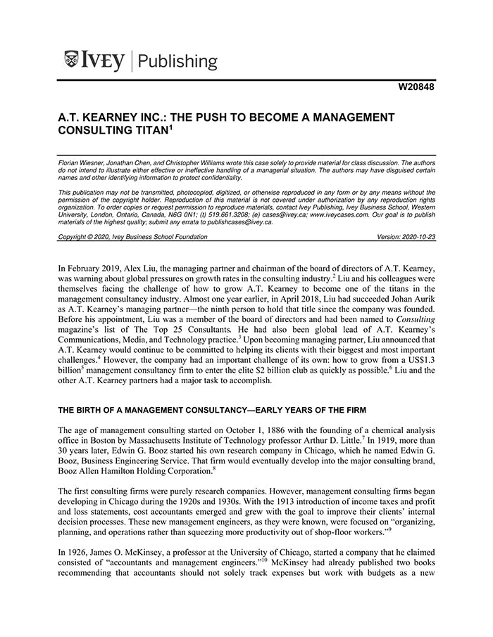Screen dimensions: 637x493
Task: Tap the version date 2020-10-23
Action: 417,237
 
